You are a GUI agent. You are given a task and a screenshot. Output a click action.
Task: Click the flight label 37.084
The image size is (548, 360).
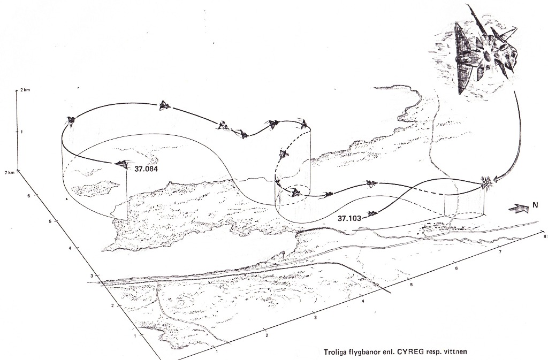coord(146,170)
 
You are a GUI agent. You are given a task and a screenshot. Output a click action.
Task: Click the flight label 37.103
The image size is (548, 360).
coord(349,219)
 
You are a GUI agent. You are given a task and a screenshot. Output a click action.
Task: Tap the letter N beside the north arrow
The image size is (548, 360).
coord(535,205)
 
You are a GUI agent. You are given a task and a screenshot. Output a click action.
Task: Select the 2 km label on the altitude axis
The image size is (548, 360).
coord(25,90)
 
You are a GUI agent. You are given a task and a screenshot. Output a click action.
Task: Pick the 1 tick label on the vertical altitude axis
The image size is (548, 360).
coord(22,132)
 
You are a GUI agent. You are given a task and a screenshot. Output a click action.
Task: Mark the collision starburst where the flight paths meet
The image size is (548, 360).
coord(486,182)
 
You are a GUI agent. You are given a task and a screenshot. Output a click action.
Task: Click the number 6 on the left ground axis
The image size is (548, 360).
coord(29,196)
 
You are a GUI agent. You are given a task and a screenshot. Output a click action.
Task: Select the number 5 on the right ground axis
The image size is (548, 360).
coord(412,285)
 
